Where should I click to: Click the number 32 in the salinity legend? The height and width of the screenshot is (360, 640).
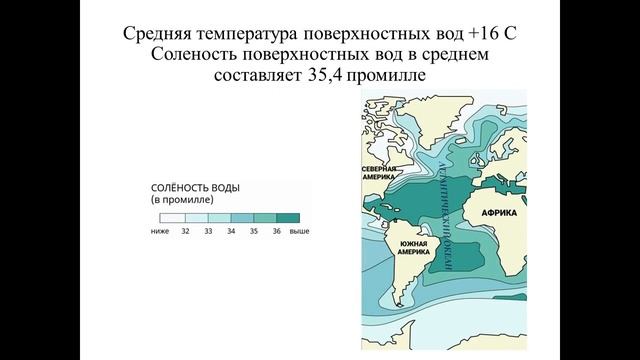pyautogui.click(x=185, y=231)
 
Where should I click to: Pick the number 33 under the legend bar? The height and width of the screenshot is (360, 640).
pyautogui.click(x=209, y=231)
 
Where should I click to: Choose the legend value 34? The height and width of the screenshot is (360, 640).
pyautogui.click(x=232, y=231)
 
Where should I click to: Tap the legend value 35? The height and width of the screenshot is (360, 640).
pyautogui.click(x=255, y=231)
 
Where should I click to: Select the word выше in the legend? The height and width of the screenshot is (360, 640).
pyautogui.click(x=300, y=231)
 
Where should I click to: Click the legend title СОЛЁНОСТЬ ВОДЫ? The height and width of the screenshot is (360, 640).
pyautogui.click(x=194, y=187)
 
